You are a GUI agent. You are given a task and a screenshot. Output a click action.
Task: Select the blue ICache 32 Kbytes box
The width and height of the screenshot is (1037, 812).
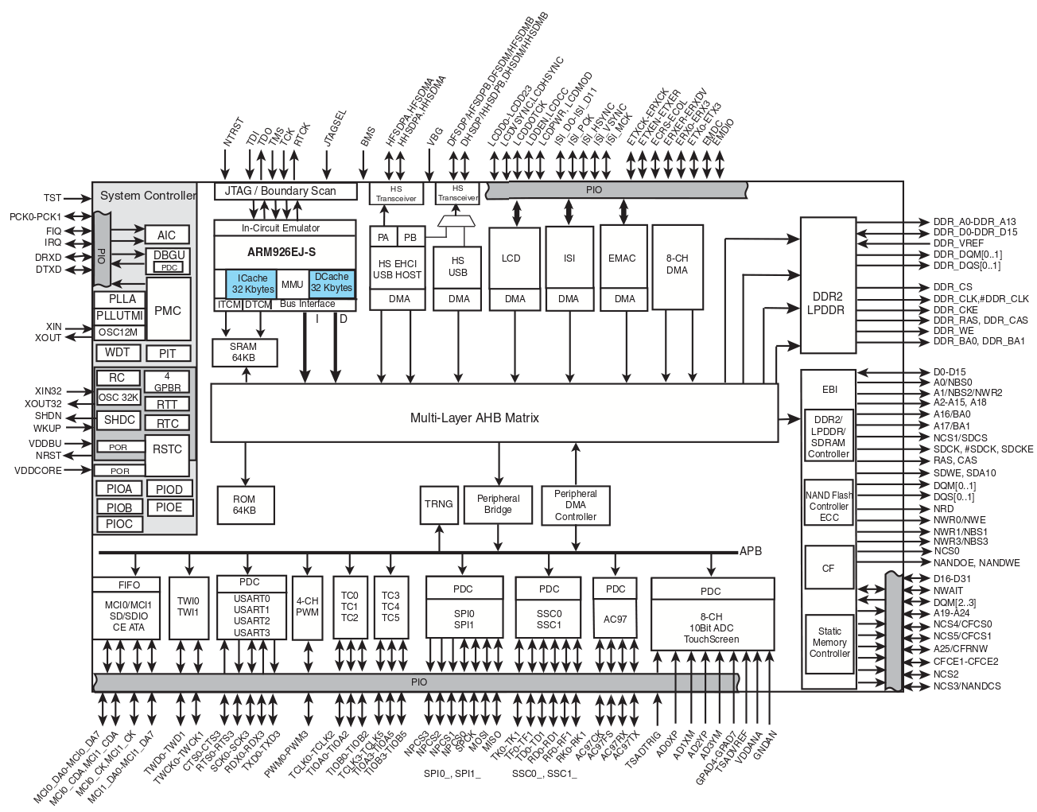point(252,284)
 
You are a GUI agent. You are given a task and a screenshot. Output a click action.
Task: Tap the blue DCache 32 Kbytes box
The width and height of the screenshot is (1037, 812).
point(331,282)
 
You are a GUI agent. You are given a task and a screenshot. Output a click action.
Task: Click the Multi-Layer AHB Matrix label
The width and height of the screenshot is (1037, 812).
point(474,418)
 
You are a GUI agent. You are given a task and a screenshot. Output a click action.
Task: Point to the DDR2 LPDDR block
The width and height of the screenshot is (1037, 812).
point(828,303)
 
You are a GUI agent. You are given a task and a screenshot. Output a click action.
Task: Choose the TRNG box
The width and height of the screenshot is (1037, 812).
point(438,503)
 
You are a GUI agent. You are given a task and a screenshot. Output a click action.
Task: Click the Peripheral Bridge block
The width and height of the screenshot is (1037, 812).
point(498,504)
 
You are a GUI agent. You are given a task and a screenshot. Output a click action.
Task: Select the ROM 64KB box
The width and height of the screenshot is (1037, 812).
point(244,504)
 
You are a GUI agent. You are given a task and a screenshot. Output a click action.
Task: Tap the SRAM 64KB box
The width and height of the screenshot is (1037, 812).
point(243,352)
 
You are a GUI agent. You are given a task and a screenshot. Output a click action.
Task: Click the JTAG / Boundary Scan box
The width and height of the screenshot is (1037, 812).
point(280,191)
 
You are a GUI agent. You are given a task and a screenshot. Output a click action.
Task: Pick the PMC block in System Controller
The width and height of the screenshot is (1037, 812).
point(168,310)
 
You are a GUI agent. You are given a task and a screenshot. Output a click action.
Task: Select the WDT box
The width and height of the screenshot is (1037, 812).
point(118,352)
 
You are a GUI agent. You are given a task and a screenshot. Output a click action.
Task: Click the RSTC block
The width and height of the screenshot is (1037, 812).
point(167,449)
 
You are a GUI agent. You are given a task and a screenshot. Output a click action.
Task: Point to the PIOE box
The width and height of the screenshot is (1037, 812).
point(169,507)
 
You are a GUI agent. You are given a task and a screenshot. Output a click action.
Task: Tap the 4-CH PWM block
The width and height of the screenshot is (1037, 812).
point(307,606)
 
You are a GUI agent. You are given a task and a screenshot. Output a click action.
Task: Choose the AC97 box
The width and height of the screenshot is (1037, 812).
point(615,619)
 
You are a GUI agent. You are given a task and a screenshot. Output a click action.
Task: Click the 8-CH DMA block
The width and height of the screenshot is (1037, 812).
point(677,265)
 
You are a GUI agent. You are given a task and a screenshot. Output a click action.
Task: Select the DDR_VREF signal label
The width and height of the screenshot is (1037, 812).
point(958,243)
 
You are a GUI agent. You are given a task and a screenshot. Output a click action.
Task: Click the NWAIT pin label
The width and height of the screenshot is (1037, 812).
point(948,590)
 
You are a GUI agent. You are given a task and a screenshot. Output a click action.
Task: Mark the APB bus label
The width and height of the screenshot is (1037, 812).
point(751,551)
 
